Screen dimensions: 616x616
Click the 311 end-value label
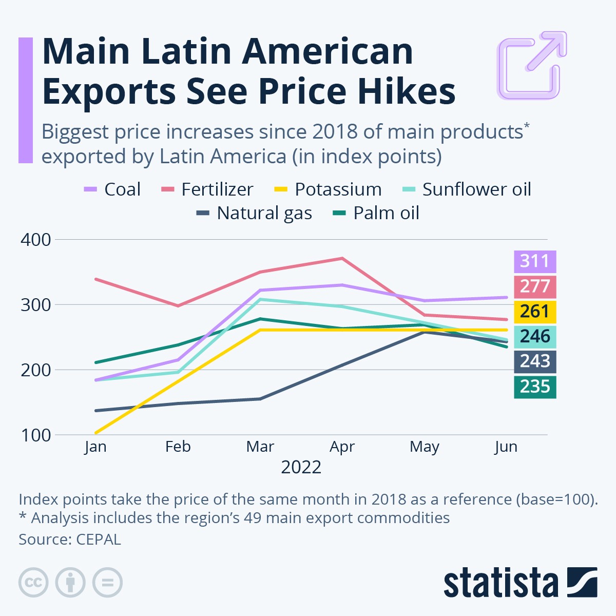tap(535, 261)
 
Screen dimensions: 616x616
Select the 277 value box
tap(535, 286)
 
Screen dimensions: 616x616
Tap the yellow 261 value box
tap(535, 312)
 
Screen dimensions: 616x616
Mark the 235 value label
tap(535, 387)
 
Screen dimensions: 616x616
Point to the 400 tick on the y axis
tap(36, 240)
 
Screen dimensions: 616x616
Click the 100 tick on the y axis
tap(36, 435)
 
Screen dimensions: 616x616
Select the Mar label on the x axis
tap(260, 447)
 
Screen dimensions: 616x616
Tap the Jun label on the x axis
tap(506, 447)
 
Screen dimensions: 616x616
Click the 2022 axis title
tap(301, 468)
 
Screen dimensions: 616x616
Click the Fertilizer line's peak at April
tap(342, 258)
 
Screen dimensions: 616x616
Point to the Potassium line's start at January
tap(96, 433)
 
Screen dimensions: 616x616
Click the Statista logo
tap(521, 583)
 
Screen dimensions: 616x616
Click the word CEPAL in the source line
tap(99, 540)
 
